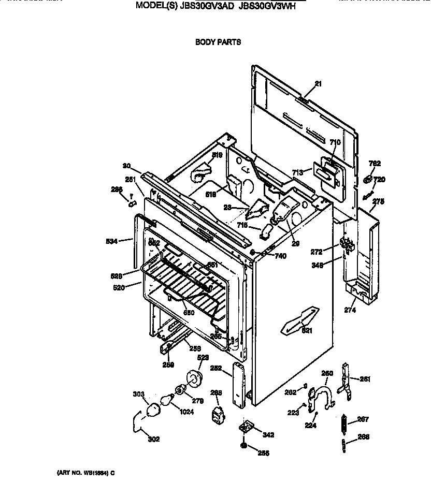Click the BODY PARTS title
pyautogui.click(x=218, y=42)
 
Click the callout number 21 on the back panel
pyautogui.click(x=318, y=84)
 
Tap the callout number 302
pyautogui.click(x=153, y=440)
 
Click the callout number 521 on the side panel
pyautogui.click(x=308, y=331)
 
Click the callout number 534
pyautogui.click(x=111, y=240)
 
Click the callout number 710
pyautogui.click(x=335, y=142)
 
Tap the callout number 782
pyautogui.click(x=375, y=164)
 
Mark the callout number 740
pyautogui.click(x=280, y=256)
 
